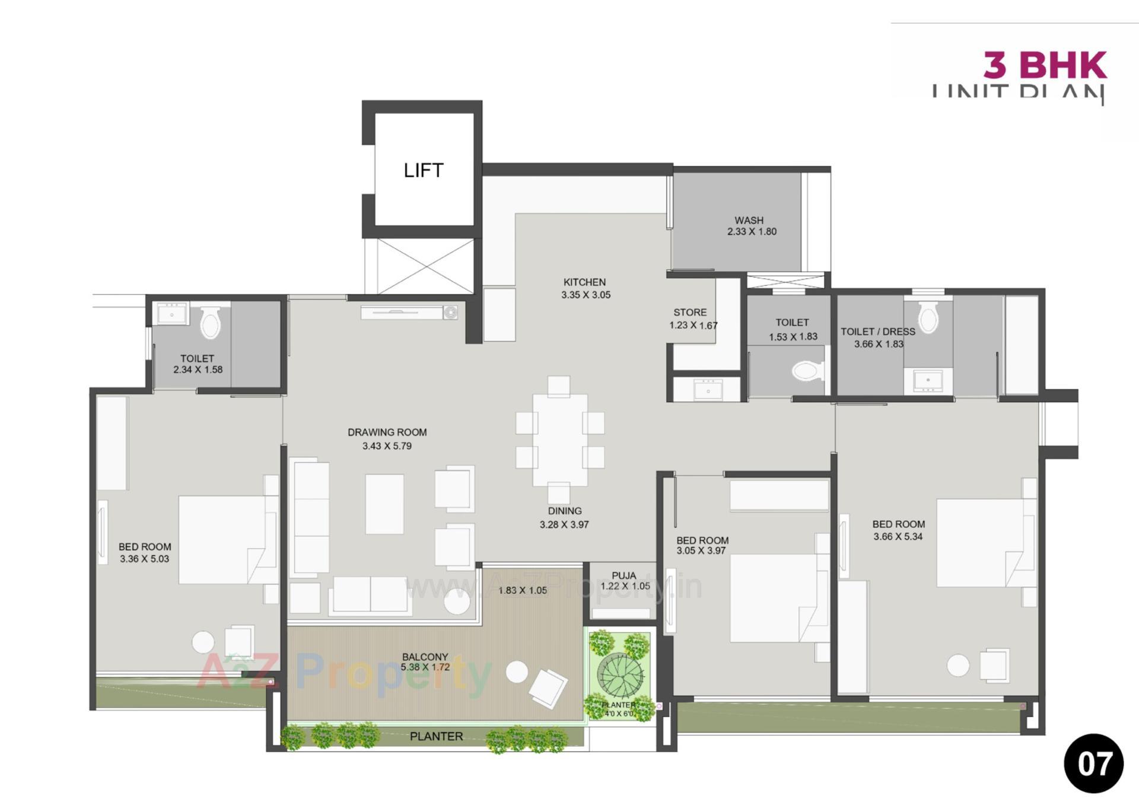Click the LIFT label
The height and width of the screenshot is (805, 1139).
423,171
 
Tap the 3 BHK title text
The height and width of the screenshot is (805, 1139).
1045,65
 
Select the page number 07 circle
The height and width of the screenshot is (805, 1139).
1093,763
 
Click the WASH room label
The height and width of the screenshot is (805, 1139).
749,220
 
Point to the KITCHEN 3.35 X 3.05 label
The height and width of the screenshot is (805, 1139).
586,288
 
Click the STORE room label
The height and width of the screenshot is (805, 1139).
690,312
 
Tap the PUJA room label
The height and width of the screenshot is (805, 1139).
623,575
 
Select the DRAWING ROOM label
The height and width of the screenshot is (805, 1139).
387,432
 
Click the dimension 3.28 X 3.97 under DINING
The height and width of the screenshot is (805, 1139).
564,524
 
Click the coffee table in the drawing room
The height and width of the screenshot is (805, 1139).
384,504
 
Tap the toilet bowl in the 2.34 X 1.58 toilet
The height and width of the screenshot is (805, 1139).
210,322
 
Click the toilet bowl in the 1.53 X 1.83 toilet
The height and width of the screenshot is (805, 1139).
808,371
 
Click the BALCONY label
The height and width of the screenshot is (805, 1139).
425,657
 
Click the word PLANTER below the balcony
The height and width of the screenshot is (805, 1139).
436,736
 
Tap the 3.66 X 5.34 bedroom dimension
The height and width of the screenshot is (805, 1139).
898,536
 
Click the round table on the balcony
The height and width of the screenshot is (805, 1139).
517,672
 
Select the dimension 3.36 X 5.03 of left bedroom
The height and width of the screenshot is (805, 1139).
144,559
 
